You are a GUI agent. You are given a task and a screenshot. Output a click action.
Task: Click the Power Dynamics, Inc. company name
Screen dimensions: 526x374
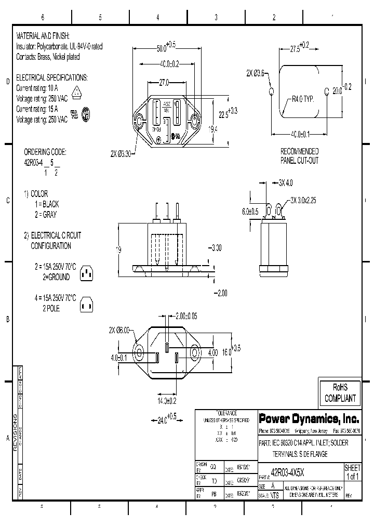309,418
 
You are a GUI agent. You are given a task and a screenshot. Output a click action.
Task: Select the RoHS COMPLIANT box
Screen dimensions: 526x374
340,393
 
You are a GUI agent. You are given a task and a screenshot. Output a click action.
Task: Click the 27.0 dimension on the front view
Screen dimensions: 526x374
164,83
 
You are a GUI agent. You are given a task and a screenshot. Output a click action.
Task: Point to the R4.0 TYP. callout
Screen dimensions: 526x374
303,98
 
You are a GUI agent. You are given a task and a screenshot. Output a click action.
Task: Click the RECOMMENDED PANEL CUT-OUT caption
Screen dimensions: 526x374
299,156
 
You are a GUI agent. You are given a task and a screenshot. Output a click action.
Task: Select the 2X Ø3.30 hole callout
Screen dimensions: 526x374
122,154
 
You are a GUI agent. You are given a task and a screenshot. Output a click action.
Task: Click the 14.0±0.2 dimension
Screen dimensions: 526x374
167,401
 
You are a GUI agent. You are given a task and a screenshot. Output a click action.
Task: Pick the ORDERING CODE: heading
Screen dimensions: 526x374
45,152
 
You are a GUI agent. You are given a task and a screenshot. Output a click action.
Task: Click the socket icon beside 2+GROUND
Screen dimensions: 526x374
87,272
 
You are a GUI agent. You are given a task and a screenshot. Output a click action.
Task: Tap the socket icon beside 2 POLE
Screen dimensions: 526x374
87,307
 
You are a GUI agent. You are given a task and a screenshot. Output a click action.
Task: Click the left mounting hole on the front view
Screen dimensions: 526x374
139,123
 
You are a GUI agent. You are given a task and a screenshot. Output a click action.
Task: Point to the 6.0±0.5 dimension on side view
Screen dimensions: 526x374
250,212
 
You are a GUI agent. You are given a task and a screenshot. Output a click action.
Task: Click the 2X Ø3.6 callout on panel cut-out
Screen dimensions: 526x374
255,73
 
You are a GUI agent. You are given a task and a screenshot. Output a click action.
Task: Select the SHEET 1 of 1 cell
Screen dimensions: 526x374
352,472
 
